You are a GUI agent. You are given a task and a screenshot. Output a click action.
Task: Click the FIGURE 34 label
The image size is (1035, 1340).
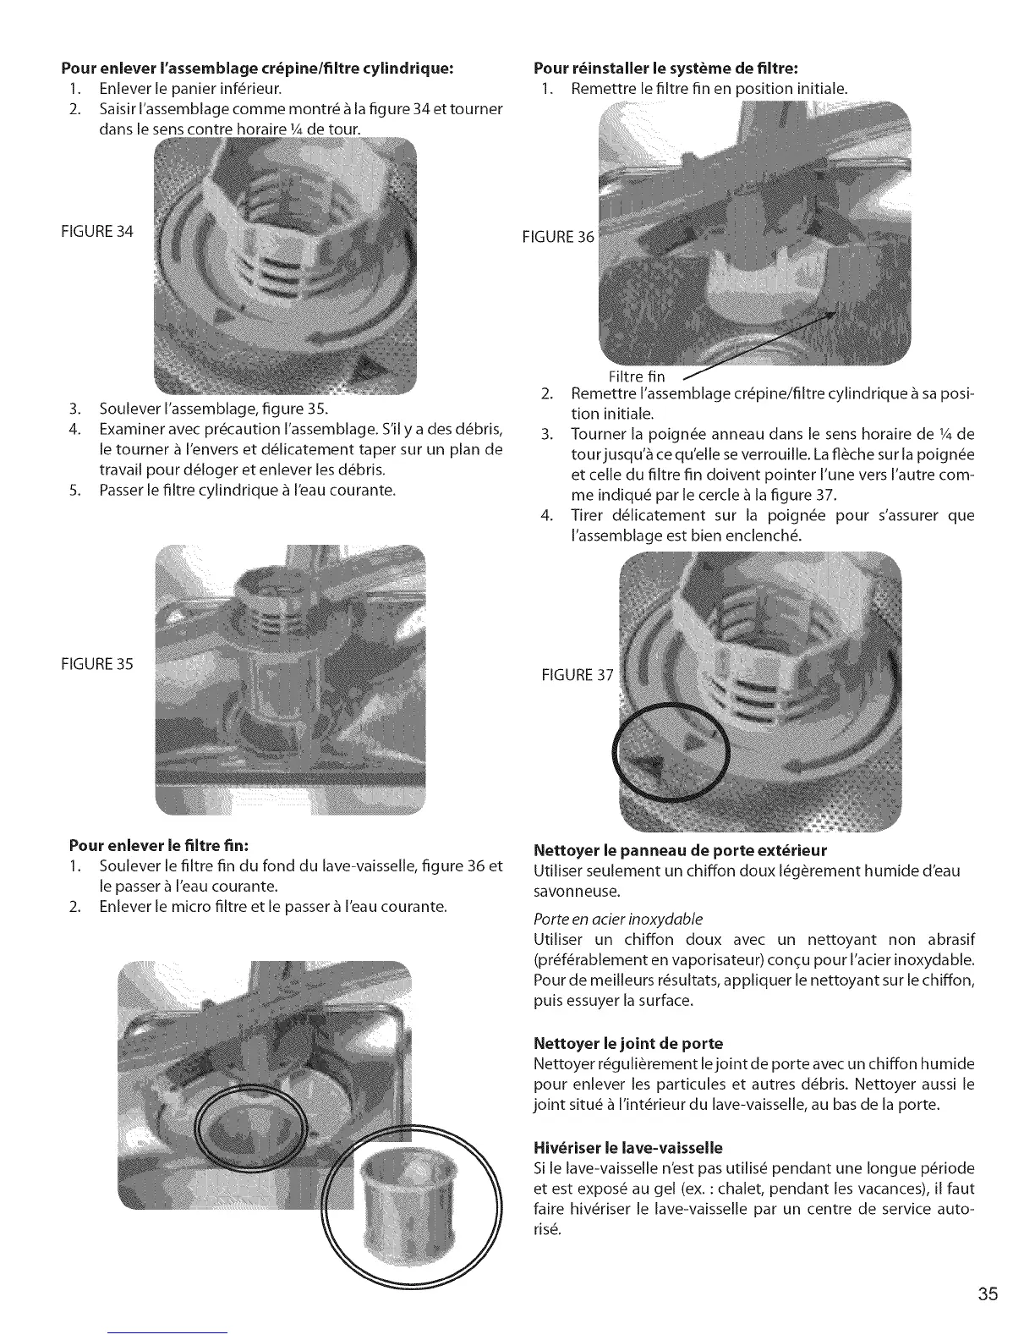pyautogui.click(x=101, y=231)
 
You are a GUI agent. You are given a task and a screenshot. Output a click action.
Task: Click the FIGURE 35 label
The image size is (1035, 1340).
pyautogui.click(x=101, y=663)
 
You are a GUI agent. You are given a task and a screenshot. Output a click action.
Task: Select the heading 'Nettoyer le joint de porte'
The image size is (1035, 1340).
pyautogui.click(x=628, y=1042)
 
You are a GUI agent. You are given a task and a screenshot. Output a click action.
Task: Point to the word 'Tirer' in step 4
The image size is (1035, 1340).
pyautogui.click(x=588, y=515)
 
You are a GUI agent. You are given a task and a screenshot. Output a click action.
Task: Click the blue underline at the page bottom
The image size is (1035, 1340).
pyautogui.click(x=169, y=1333)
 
